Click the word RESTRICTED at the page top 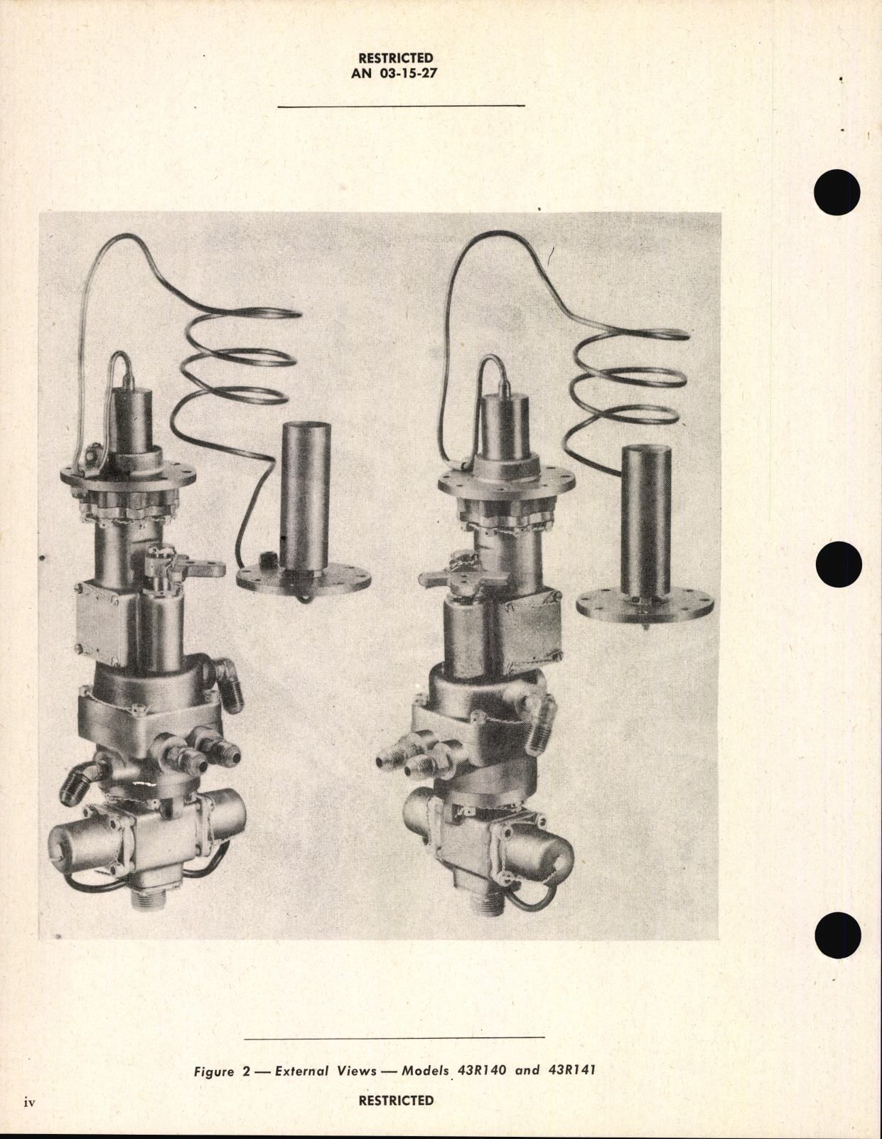tap(396, 58)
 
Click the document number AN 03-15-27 tap(396, 73)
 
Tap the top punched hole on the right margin tap(839, 193)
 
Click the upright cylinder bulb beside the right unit tap(646, 519)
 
